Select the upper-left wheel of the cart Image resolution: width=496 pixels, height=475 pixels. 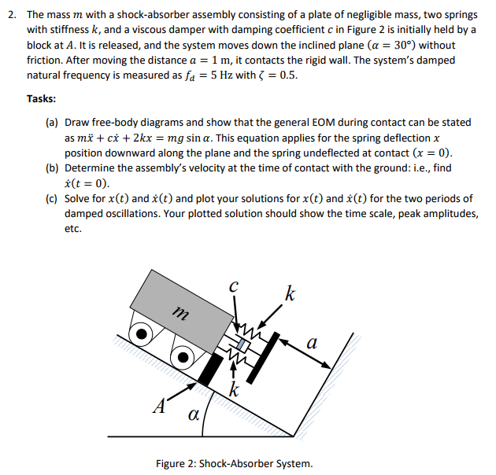click(x=142, y=333)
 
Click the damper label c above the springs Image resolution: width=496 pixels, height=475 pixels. click(x=232, y=288)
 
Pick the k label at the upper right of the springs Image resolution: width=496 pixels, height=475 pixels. click(x=291, y=295)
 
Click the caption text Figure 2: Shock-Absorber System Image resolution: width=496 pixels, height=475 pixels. click(x=234, y=462)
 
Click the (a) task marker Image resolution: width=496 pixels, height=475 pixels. click(x=53, y=123)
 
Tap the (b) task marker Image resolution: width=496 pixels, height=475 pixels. click(x=53, y=168)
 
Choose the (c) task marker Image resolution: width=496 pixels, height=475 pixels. click(x=53, y=198)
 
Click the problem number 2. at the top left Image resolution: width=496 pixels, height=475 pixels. click(x=11, y=15)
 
